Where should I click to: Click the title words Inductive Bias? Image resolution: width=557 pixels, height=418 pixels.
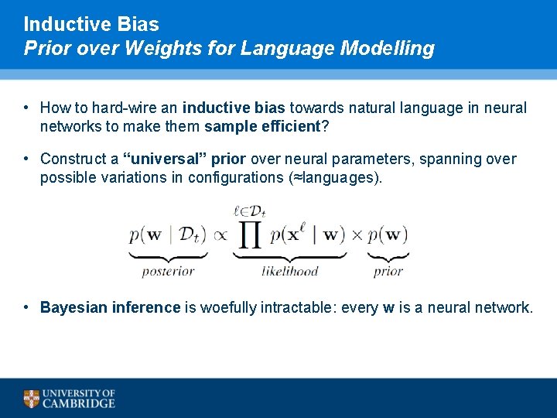[91, 24]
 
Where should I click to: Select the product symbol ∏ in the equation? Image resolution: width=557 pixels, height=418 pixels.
[249, 231]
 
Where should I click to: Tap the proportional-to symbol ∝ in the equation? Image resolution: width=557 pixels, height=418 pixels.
[220, 234]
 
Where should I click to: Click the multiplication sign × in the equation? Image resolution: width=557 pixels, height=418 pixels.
[357, 234]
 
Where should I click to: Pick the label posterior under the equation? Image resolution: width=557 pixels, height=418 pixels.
[168, 271]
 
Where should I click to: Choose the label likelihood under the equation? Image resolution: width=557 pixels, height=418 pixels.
[289, 271]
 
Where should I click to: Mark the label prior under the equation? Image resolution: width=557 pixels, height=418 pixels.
[388, 271]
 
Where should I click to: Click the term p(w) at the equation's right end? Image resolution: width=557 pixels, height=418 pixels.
[388, 234]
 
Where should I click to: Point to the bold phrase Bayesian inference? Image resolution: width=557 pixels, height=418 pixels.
[110, 308]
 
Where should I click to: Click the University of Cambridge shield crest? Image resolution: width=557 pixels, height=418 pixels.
[31, 399]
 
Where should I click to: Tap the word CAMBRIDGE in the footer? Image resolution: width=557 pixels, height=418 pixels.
[79, 403]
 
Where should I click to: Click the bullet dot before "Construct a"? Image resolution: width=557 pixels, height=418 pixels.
[26, 159]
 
